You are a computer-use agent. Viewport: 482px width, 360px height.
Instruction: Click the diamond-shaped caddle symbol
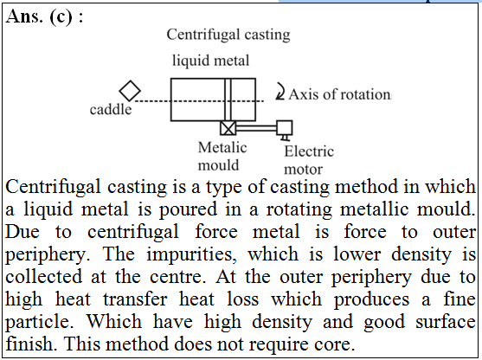[x=130, y=91]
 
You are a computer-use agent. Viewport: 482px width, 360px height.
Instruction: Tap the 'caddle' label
[x=111, y=109]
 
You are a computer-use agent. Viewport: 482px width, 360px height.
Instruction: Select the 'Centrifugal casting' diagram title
[x=228, y=35]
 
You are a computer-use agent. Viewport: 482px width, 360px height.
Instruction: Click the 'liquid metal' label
[x=210, y=61]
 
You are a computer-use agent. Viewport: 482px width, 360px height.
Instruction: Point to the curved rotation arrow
[x=280, y=91]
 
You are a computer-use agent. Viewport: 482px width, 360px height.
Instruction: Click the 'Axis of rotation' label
[x=340, y=94]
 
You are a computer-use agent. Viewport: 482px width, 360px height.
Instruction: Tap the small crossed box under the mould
[x=228, y=128]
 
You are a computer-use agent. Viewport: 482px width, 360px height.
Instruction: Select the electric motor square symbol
[x=285, y=128]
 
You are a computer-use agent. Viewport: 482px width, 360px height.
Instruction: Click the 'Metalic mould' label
[x=222, y=156]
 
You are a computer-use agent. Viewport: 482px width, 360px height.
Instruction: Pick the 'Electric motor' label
[x=309, y=160]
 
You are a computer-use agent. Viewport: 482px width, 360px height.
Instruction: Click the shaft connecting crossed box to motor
[x=256, y=128]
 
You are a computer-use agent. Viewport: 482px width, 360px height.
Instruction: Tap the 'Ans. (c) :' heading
[x=44, y=16]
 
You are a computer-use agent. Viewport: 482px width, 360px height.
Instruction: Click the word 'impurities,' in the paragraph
[x=191, y=254]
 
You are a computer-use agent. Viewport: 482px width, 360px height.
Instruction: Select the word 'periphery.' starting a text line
[x=48, y=255]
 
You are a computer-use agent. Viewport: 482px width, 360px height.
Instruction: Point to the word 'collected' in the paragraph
[x=43, y=276]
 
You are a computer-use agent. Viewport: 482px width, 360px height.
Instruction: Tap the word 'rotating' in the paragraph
[x=299, y=209]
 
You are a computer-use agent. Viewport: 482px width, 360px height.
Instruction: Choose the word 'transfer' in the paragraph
[x=136, y=299]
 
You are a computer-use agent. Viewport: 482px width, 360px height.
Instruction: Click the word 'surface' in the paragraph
[x=446, y=322]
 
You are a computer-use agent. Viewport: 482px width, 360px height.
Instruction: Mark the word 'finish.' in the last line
[x=31, y=344]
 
